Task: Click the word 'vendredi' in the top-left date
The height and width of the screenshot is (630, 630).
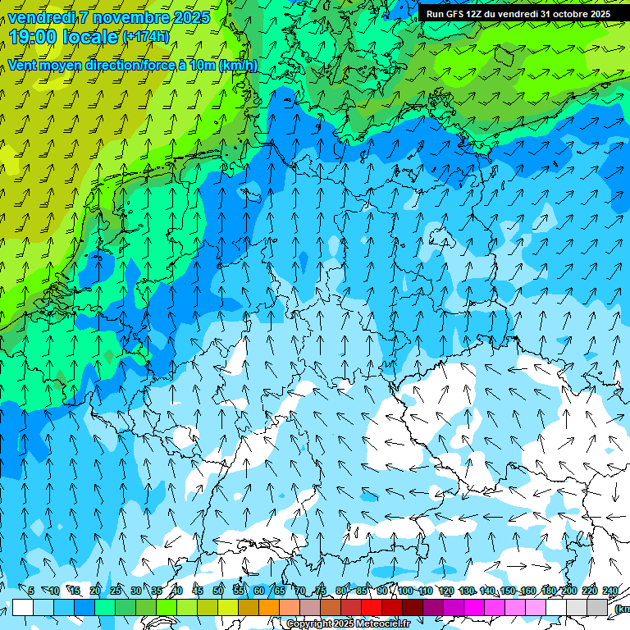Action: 42,17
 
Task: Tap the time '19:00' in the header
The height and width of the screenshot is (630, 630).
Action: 32,36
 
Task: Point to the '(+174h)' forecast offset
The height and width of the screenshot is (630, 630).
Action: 146,36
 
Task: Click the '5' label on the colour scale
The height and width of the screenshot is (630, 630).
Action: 31,591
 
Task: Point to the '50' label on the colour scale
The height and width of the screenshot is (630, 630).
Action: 218,591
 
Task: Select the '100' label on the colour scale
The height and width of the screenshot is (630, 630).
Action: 405,591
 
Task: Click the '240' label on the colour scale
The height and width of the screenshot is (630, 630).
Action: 610,591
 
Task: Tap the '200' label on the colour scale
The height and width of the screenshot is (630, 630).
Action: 568,591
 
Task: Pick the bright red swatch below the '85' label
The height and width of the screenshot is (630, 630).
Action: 372,607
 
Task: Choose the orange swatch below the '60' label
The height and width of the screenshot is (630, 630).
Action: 269,607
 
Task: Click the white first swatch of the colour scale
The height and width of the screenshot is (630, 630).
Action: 23,607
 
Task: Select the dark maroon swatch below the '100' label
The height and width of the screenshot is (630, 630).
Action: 413,607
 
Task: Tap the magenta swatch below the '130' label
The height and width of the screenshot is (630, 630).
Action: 474,607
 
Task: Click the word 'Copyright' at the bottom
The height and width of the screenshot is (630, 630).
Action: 309,624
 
